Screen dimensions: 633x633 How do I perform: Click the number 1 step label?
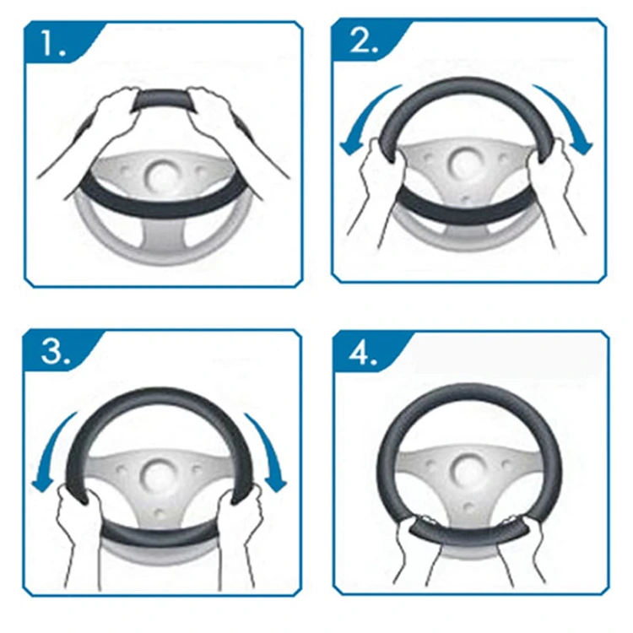[x=53, y=44]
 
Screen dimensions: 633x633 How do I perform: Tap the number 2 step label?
[x=364, y=41]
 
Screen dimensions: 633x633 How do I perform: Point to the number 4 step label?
[x=363, y=354]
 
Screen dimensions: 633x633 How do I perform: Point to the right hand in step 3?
[x=242, y=521]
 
